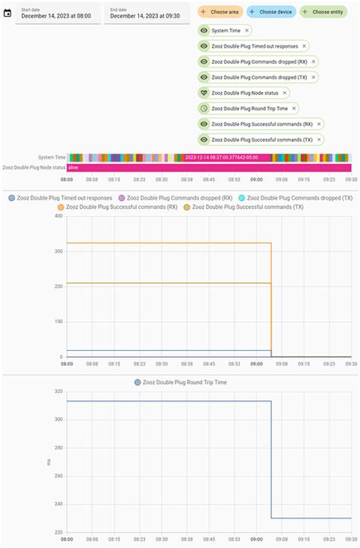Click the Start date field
pos(58,14)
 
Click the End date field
pos(145,14)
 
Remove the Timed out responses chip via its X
pos(304,46)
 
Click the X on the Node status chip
pos(285,93)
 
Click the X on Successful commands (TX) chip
pos(319,140)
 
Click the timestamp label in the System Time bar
pos(220,157)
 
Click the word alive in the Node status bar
pos(74,167)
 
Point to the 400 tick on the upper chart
pos(58,216)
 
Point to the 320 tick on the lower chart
pos(58,392)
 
